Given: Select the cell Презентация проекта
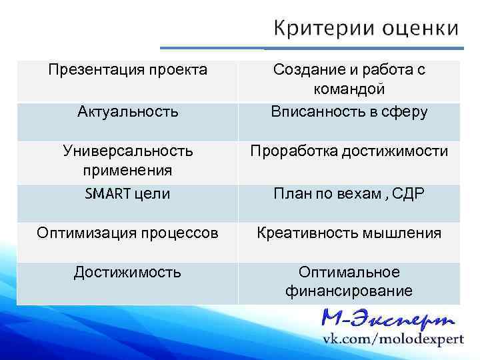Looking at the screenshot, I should pyautogui.click(x=128, y=69).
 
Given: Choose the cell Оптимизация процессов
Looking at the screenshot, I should pyautogui.click(x=127, y=233).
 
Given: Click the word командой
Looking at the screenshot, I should pyautogui.click(x=349, y=89).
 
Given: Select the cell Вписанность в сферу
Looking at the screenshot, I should pyautogui.click(x=349, y=111).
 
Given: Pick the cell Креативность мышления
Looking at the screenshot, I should pyautogui.click(x=349, y=233).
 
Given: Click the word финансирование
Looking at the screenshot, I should pyautogui.click(x=349, y=291).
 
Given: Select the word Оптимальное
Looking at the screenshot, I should pyautogui.click(x=349, y=272).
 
